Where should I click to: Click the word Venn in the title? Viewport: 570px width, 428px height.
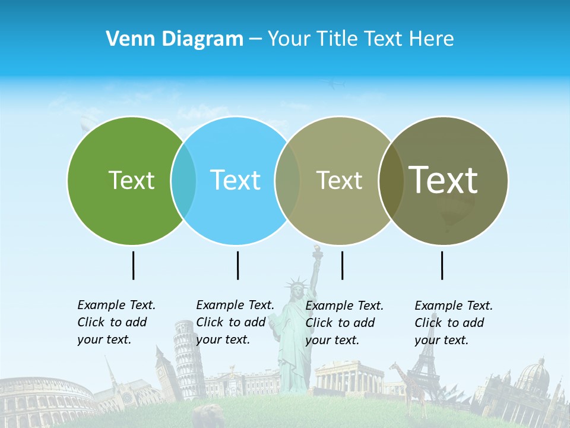point(125,39)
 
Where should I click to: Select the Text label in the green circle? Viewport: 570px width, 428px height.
point(131,180)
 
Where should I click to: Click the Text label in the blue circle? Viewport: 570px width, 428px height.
point(235,180)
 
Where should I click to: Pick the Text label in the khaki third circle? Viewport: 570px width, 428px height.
point(339,180)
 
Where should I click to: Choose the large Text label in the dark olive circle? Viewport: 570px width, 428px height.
point(444,180)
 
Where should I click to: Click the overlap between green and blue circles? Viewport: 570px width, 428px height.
point(183,180)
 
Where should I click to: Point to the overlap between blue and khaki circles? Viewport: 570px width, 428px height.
point(287,180)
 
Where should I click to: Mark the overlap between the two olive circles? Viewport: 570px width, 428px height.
point(391,180)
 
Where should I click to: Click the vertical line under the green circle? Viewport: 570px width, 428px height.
point(133,265)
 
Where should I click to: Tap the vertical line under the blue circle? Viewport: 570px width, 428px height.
point(237,265)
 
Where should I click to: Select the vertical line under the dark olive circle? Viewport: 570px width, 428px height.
point(442,265)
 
